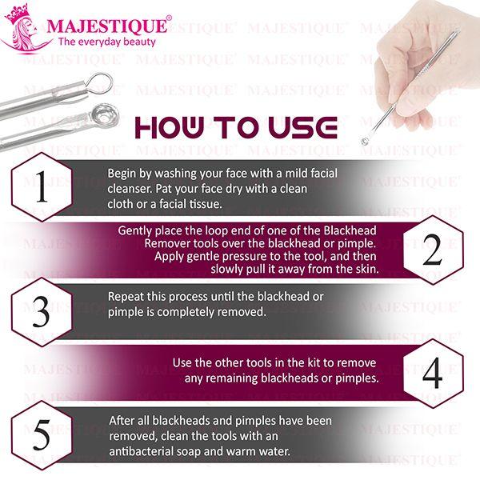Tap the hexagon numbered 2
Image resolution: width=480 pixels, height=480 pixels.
432,250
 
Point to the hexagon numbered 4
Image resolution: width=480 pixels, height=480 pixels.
432,372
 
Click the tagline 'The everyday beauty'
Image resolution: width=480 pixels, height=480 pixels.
107,42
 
